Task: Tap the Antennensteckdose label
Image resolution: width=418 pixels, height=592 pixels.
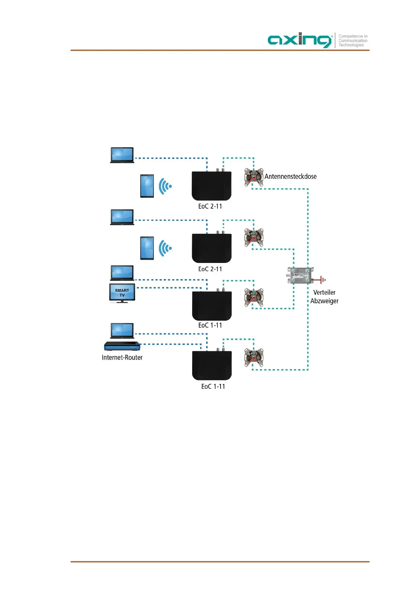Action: (290, 176)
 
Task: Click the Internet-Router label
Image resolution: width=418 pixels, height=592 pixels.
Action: (122, 358)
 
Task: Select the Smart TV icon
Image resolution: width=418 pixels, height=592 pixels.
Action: (122, 293)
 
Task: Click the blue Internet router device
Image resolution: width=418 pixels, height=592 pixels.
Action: (122, 346)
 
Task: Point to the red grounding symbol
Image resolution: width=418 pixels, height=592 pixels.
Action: (321, 280)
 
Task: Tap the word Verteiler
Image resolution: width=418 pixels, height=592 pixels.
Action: (324, 292)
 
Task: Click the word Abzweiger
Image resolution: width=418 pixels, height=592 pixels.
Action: (324, 301)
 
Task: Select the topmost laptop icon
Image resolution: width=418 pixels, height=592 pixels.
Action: (122, 155)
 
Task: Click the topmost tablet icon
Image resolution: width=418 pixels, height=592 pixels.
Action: (147, 186)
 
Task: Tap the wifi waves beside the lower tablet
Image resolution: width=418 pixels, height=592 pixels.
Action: (165, 248)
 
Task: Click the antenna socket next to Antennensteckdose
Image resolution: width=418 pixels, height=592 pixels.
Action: (254, 177)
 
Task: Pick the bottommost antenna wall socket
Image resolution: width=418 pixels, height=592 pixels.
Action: (254, 357)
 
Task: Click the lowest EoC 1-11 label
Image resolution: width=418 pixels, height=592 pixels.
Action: (213, 386)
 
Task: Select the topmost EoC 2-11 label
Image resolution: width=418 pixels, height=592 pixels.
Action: (210, 206)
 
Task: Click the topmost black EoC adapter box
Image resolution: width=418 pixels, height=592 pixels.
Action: (211, 186)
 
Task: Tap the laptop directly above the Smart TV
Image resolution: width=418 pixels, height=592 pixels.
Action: (122, 273)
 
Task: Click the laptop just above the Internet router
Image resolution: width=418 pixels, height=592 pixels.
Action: (122, 330)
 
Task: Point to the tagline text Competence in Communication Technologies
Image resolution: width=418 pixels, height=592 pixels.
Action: (353, 40)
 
